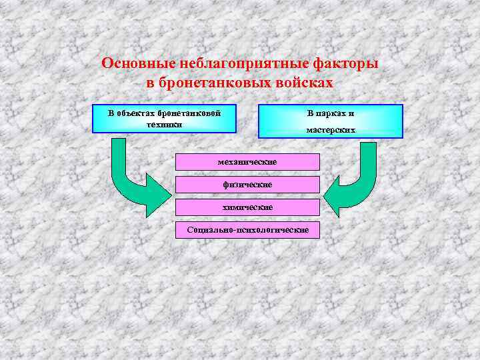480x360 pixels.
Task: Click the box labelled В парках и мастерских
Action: pyautogui.click(x=330, y=121)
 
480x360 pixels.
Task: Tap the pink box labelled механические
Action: pyautogui.click(x=247, y=162)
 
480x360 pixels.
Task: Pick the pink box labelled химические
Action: pyautogui.click(x=247, y=207)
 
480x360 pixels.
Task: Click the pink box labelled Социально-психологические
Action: pyautogui.click(x=247, y=230)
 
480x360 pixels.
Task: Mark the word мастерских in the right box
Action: pyautogui.click(x=331, y=130)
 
